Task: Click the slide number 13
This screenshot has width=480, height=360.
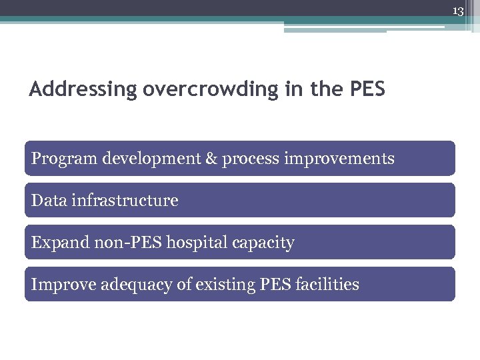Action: [458, 11]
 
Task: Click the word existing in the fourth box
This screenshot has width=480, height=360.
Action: [223, 285]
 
